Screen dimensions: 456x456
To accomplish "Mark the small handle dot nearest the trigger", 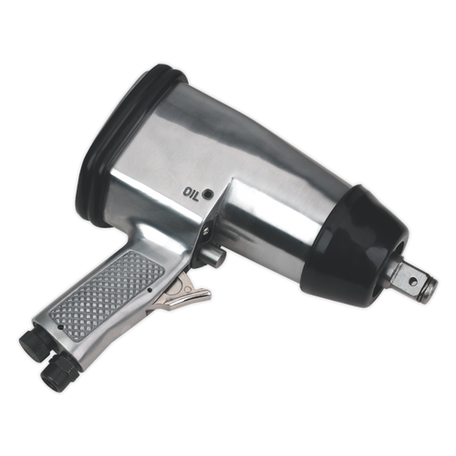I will (148, 291).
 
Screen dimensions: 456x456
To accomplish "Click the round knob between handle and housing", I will (218, 258).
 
